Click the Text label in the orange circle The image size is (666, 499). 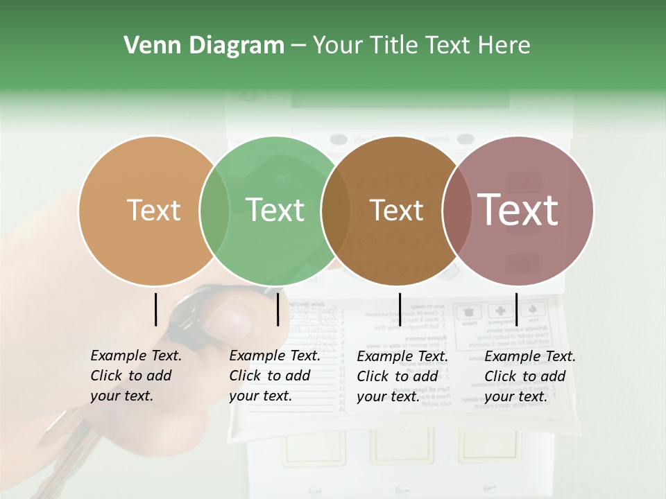(x=153, y=210)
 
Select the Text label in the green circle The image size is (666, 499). (x=275, y=210)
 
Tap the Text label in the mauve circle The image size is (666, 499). (x=518, y=210)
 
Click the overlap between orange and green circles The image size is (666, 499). (x=214, y=210)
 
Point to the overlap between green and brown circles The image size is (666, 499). (x=336, y=210)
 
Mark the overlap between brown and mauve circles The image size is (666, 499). (x=457, y=210)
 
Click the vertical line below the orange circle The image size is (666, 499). (x=155, y=309)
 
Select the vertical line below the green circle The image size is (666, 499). (x=277, y=309)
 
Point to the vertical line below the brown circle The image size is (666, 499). (x=400, y=309)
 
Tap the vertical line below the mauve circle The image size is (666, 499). (x=516, y=309)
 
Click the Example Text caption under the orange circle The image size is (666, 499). (x=136, y=376)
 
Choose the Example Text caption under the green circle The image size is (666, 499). (x=275, y=376)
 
